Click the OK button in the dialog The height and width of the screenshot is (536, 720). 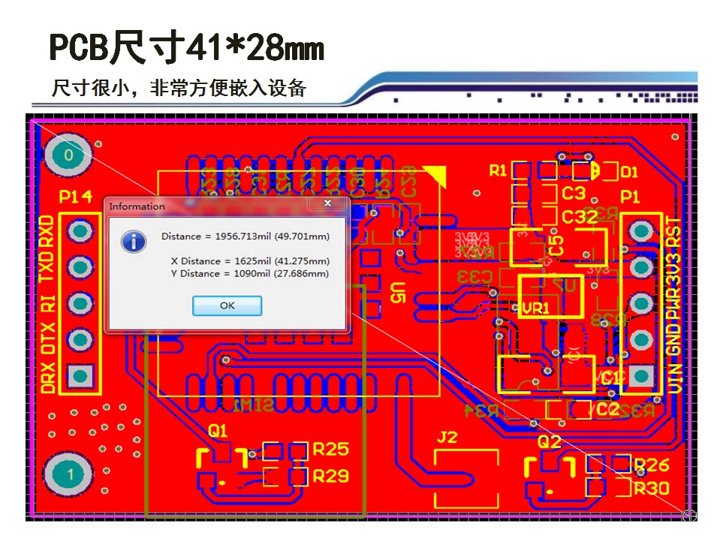tap(227, 306)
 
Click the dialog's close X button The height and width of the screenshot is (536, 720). tap(328, 203)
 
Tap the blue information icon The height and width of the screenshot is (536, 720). tap(134, 240)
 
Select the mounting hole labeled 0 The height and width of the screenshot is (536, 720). tap(69, 155)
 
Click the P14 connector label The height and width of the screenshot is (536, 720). tap(77, 197)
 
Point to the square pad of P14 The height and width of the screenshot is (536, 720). tap(79, 375)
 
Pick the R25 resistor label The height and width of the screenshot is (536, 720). tap(330, 450)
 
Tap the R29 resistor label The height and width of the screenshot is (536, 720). tap(330, 476)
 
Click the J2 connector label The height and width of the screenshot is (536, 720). tap(447, 438)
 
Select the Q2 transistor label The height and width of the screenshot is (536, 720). tap(550, 441)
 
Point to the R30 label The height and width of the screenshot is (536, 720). tap(651, 489)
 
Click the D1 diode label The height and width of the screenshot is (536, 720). tap(629, 172)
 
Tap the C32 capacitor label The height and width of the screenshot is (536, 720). tap(580, 217)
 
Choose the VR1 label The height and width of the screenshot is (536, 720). tap(536, 308)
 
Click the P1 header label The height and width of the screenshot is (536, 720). tap(631, 197)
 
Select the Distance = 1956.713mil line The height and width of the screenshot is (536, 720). tap(246, 236)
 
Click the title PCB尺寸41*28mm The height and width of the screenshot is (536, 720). tap(186, 49)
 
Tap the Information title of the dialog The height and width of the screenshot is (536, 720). tap(137, 206)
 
